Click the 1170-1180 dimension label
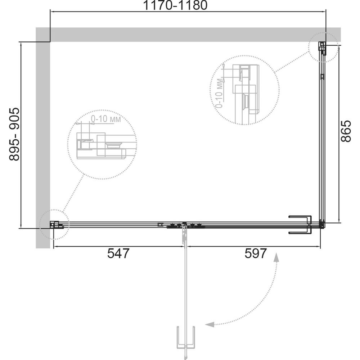[175, 5]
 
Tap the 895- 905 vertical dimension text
[14, 134]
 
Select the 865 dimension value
[346, 131]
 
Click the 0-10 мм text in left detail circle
[106, 119]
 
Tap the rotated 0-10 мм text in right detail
[220, 93]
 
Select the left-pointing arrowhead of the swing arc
[210, 324]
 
